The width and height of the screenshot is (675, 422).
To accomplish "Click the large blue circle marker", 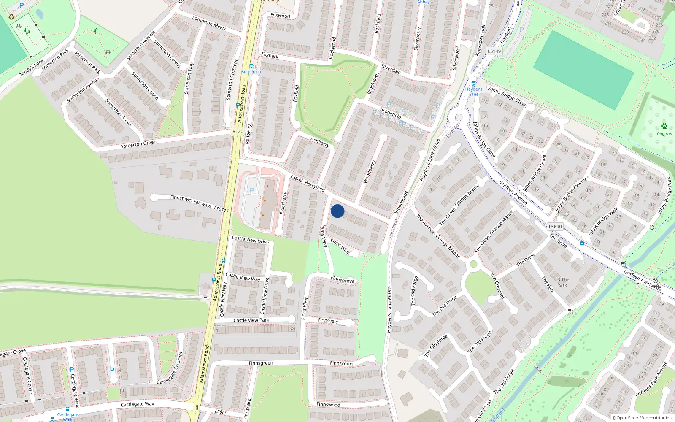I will [337, 211].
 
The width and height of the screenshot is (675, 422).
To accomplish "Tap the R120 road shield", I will [238, 131].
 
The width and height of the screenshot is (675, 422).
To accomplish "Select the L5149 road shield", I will [494, 51].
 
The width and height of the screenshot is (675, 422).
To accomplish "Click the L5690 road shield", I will [555, 227].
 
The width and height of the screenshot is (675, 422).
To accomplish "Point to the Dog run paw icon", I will [664, 126].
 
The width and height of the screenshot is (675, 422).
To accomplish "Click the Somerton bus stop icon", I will [251, 66].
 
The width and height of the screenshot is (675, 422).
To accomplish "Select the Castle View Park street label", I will [251, 320].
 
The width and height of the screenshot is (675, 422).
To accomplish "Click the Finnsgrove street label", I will [343, 280].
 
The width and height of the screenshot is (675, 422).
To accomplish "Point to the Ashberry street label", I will [320, 142].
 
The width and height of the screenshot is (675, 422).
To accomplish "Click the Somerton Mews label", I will [209, 23].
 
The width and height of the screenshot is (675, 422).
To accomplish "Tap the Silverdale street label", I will [391, 69].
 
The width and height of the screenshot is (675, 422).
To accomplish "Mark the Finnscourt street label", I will [342, 363].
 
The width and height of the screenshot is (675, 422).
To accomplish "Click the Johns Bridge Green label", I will [508, 97].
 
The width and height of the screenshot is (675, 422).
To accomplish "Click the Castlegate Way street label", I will [137, 404].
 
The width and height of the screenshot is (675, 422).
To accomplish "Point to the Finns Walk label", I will [340, 247].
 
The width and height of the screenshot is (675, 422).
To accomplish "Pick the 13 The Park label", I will [562, 282].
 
